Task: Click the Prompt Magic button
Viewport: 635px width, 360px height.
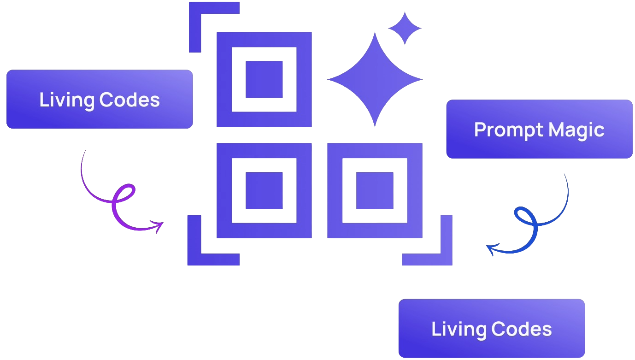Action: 539,129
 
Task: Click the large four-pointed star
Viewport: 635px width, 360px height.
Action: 375,79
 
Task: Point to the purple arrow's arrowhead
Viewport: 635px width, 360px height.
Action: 159,226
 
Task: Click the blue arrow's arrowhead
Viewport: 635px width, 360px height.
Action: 491,249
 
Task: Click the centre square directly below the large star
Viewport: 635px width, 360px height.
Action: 375,190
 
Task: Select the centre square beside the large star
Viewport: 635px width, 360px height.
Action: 264,79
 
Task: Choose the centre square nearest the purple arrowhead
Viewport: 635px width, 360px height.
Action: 264,190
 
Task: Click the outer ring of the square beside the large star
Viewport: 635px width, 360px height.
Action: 224,79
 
